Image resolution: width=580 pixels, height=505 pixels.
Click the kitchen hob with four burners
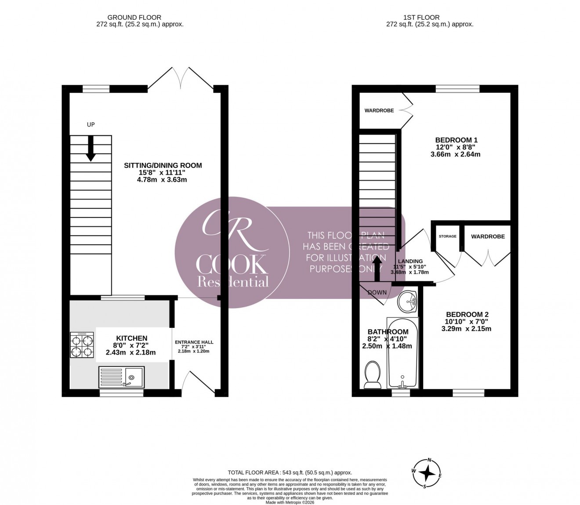[82, 345]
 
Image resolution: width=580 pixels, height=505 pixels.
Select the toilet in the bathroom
[372, 375]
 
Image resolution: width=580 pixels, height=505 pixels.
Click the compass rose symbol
[427, 473]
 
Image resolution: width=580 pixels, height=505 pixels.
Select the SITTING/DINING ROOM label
[163, 166]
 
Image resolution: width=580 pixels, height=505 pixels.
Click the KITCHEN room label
[132, 338]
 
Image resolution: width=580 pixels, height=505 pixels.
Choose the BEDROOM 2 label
[467, 314]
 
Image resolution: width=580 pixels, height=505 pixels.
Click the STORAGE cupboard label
[447, 236]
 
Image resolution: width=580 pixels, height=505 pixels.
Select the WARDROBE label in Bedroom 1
[379, 110]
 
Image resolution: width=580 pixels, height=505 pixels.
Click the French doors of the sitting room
[180, 79]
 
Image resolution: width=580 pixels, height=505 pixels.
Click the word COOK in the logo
[232, 265]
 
